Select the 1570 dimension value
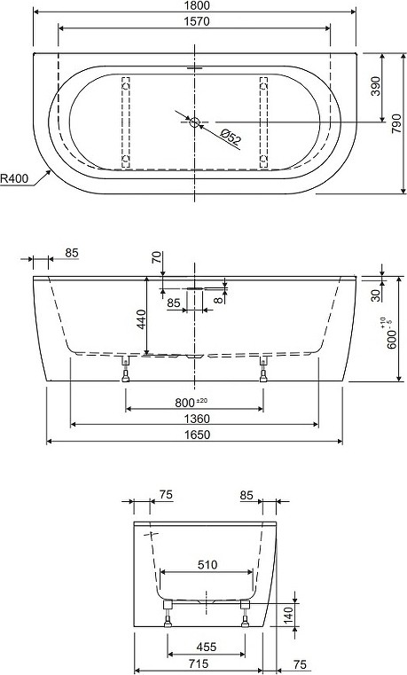pyautogui.click(x=197, y=21)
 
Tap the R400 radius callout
pyautogui.click(x=14, y=177)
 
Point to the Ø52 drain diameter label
pyautogui.click(x=231, y=137)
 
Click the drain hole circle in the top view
pyautogui.click(x=194, y=122)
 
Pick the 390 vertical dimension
pyautogui.click(x=376, y=86)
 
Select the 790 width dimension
pyautogui.click(x=396, y=123)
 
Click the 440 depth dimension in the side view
pyautogui.click(x=142, y=319)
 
